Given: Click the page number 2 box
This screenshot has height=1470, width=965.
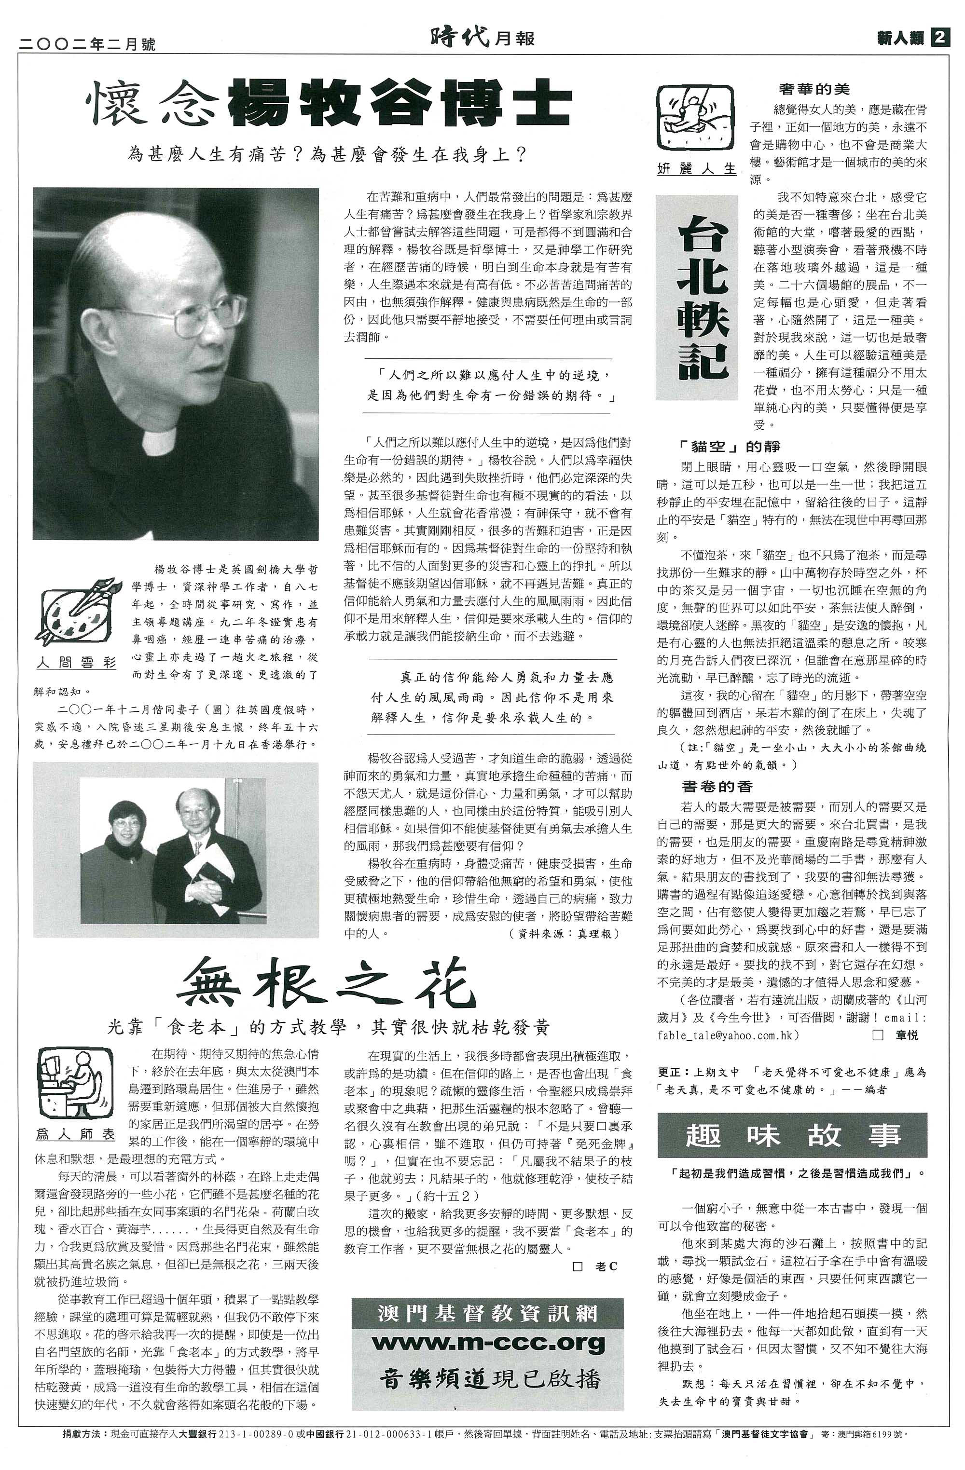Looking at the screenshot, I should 940,38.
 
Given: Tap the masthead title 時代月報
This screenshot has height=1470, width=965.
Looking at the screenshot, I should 482,38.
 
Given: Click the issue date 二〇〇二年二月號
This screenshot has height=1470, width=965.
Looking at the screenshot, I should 88,44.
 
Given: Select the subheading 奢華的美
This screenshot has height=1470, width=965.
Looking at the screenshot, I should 814,90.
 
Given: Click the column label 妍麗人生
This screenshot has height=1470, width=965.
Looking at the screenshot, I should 696,169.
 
